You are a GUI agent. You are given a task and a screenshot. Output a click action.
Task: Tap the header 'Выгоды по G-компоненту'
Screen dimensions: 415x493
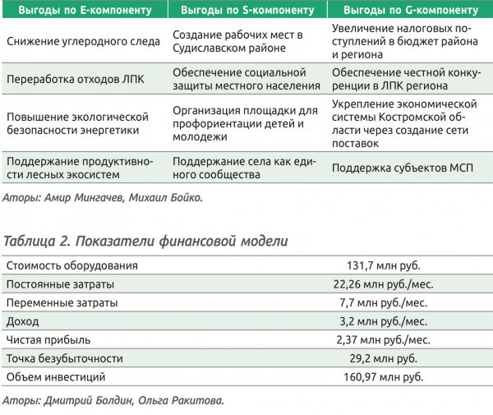point(409,11)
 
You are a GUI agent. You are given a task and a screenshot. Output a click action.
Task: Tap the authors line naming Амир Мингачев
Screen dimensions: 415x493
point(102,197)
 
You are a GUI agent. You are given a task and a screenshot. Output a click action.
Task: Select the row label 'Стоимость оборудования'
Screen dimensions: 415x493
point(71,265)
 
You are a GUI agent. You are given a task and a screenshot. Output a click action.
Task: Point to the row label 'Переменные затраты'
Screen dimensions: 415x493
point(62,303)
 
